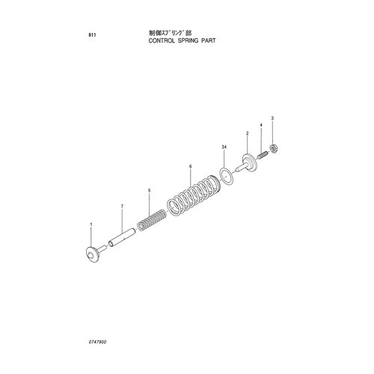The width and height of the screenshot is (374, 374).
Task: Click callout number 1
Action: coord(91,224)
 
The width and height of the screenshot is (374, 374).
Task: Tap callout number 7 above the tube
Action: coord(122,206)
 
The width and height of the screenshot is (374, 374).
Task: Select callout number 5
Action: coord(149,191)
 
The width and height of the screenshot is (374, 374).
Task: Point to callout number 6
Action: coord(190,166)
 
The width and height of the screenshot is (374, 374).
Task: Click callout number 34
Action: coord(224,147)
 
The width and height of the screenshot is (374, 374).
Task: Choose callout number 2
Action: coord(247,134)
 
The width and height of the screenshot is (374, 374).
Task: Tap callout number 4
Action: coord(261,125)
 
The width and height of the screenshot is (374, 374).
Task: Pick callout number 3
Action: coord(272,118)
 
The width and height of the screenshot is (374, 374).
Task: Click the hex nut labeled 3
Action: coord(275,149)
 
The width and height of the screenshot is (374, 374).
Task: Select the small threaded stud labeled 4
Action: coord(262,156)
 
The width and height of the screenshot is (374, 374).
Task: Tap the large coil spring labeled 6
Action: coord(194,195)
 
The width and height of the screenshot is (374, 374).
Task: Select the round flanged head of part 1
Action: coord(92,254)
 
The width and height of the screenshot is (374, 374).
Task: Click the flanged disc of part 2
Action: coord(249,162)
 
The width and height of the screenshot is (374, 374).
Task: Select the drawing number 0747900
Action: coord(97,342)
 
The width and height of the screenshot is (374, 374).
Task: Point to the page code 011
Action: coord(92,35)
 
